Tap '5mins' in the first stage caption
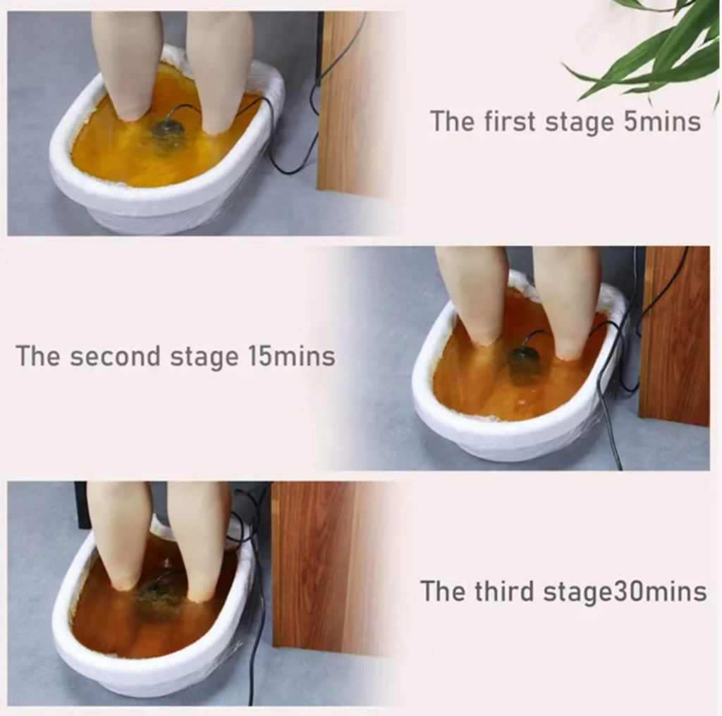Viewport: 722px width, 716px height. click(x=662, y=122)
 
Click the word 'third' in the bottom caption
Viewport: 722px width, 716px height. click(x=503, y=591)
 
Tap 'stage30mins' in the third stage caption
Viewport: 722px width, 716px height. click(x=625, y=592)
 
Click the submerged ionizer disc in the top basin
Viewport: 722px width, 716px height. click(x=169, y=130)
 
